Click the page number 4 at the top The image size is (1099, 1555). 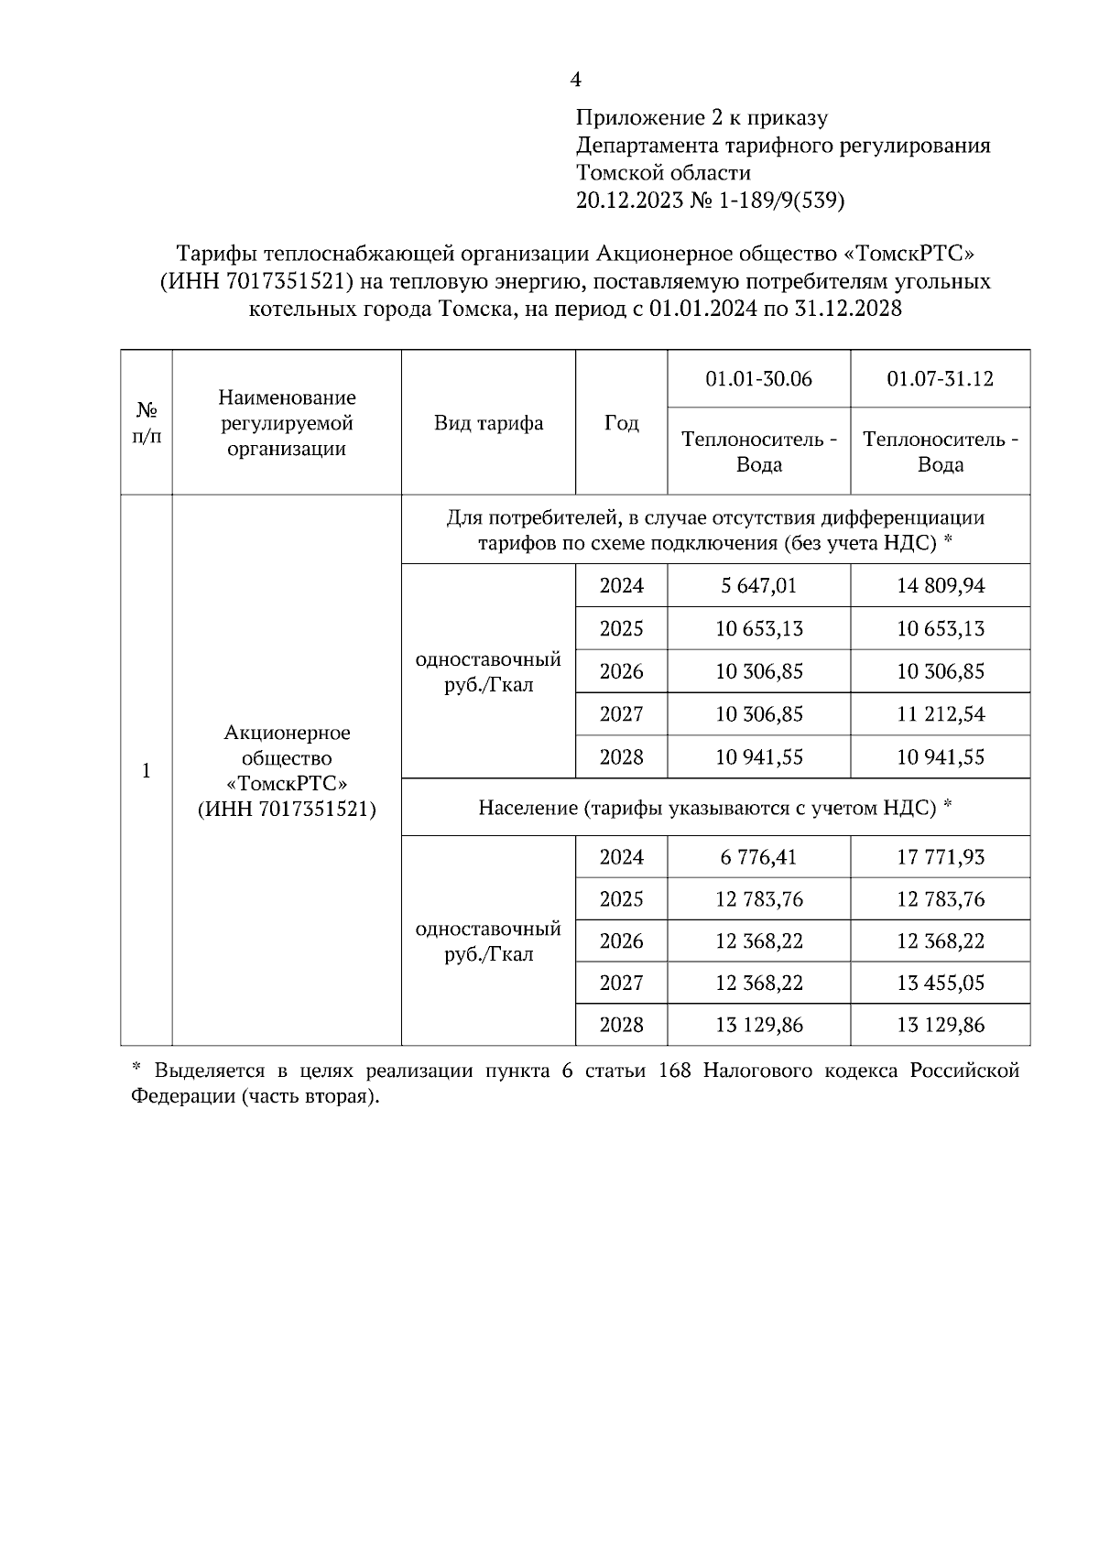[x=575, y=81]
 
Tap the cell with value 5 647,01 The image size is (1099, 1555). [x=758, y=586]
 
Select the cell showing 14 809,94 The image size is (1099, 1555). [x=941, y=586]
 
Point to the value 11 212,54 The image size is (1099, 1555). [x=941, y=714]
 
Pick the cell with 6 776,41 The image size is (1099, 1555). [x=758, y=857]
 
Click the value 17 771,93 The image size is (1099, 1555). [x=941, y=857]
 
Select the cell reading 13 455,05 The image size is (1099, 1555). [x=941, y=984]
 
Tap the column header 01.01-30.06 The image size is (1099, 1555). [x=758, y=379]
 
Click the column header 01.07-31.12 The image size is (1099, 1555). [x=941, y=379]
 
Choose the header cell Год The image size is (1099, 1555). [x=621, y=423]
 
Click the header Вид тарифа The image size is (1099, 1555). [x=488, y=423]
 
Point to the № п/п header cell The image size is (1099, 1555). [x=147, y=423]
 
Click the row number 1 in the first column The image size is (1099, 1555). [x=147, y=771]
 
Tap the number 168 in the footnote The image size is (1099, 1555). [x=675, y=1071]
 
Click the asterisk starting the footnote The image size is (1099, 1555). [x=137, y=1068]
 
